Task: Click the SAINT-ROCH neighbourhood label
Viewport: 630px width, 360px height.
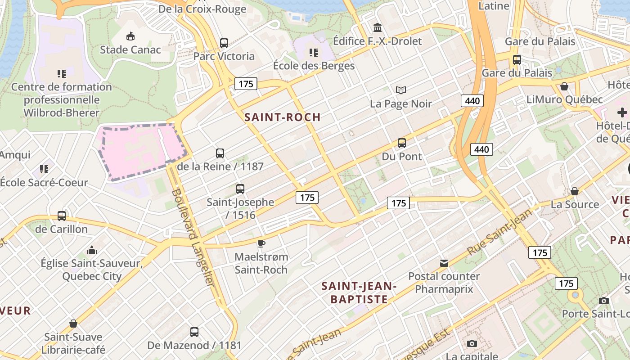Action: pyautogui.click(x=283, y=117)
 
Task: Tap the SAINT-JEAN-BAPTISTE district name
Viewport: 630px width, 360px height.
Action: pyautogui.click(x=359, y=292)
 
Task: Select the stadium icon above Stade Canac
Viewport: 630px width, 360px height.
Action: pyautogui.click(x=130, y=36)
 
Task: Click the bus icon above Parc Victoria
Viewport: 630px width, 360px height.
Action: pyautogui.click(x=224, y=43)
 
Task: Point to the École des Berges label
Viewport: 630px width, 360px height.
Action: pyautogui.click(x=314, y=66)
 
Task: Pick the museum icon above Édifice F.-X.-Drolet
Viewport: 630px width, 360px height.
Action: pyautogui.click(x=378, y=28)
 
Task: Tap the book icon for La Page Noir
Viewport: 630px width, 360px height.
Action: pyautogui.click(x=401, y=90)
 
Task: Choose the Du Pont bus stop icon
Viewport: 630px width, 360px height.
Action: pyautogui.click(x=402, y=143)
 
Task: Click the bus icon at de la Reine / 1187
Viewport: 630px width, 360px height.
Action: pyautogui.click(x=220, y=153)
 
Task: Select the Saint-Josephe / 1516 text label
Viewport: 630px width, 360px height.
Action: pyautogui.click(x=240, y=208)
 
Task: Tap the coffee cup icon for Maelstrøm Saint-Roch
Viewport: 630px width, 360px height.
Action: pyautogui.click(x=261, y=243)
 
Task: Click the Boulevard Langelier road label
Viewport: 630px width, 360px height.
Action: pyautogui.click(x=193, y=237)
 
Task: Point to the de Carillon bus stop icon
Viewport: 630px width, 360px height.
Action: pyautogui.click(x=62, y=216)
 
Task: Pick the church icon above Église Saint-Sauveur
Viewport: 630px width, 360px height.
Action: pyautogui.click(x=92, y=250)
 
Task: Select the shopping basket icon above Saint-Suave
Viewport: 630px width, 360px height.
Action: pyautogui.click(x=73, y=324)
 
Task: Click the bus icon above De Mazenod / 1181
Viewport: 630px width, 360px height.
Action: pyautogui.click(x=194, y=332)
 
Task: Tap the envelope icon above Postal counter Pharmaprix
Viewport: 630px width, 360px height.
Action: pyautogui.click(x=444, y=263)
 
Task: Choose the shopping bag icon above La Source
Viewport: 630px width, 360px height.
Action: pyautogui.click(x=574, y=191)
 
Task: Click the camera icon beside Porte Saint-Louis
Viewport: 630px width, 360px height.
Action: pyautogui.click(x=604, y=301)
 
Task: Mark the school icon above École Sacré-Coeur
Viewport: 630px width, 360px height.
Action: pyautogui.click(x=44, y=169)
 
